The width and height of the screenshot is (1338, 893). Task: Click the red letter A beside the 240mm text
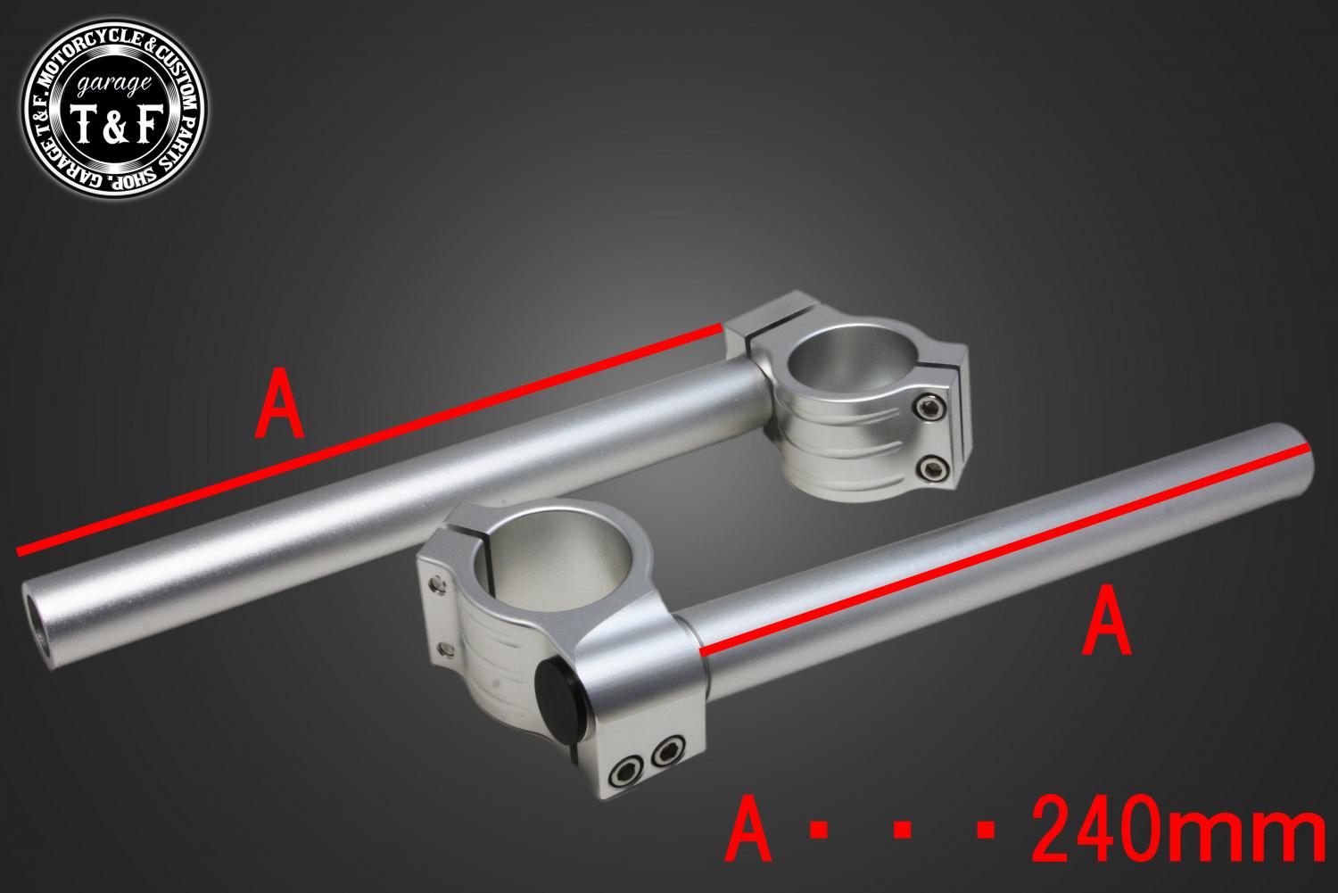click(747, 828)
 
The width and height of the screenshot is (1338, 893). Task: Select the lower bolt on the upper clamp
click(932, 467)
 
